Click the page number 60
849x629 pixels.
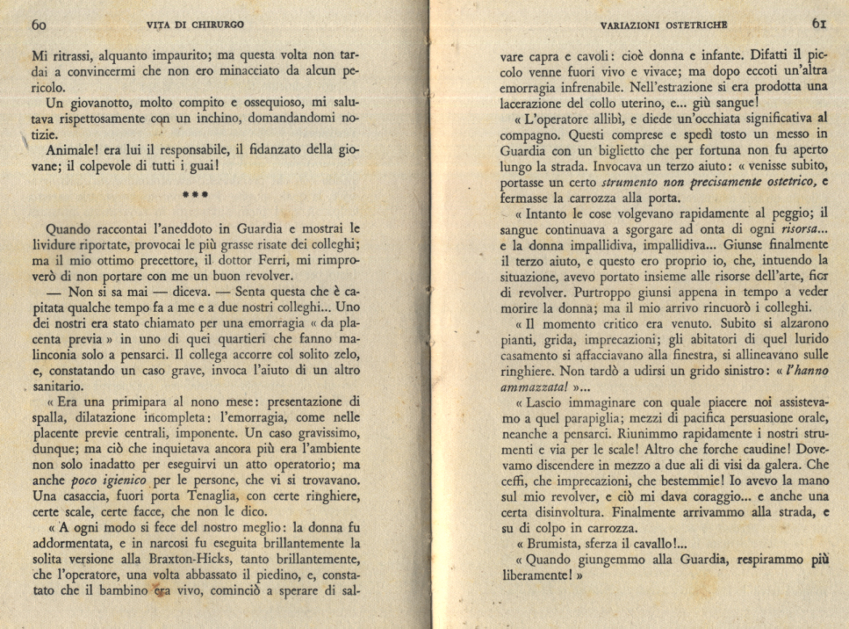(39, 25)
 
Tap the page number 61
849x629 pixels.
(819, 24)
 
